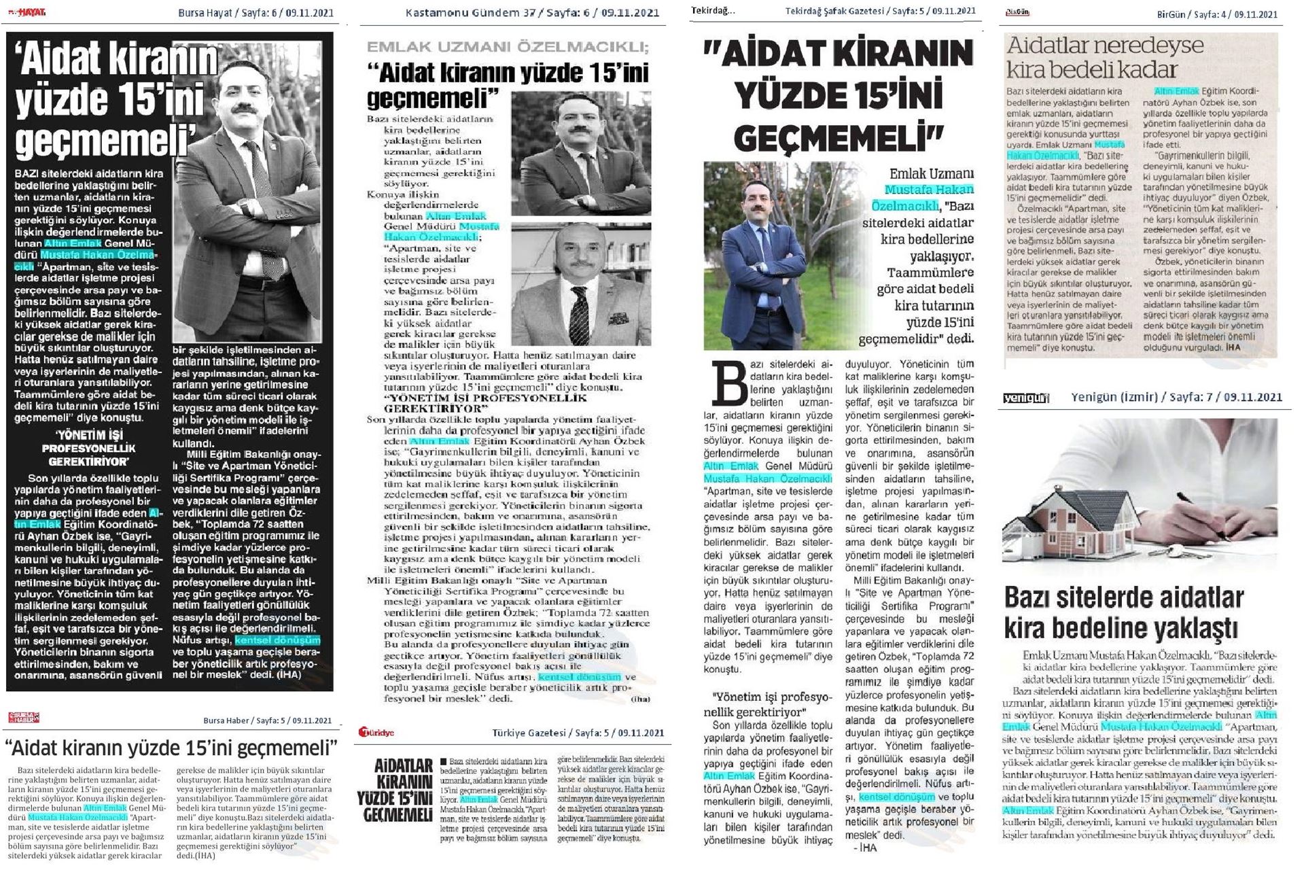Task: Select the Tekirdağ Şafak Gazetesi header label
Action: point(880,11)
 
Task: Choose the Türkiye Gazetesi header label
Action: point(578,733)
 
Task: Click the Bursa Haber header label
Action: point(268,721)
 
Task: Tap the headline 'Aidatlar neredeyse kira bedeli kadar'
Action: point(1105,57)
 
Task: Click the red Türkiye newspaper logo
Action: point(379,733)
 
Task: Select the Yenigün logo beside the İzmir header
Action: point(1025,398)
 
